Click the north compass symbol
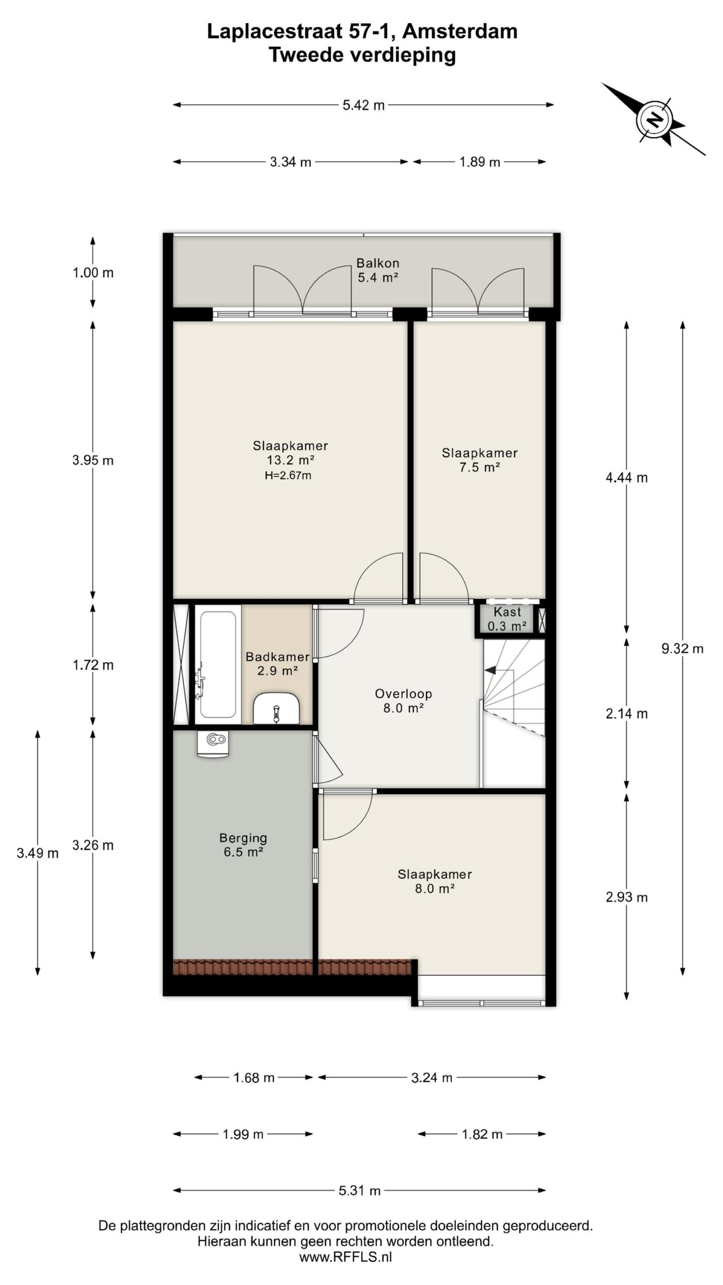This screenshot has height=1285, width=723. coord(654,119)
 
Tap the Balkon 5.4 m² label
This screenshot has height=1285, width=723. coord(378,270)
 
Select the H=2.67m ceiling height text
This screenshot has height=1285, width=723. coord(288,475)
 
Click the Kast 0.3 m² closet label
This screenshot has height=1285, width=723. coord(507,619)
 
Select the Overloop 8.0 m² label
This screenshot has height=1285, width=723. coord(403,701)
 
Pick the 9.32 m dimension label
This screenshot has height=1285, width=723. coord(682,649)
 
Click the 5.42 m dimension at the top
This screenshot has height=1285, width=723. coord(364,105)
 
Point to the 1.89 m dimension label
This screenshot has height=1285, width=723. coord(480,162)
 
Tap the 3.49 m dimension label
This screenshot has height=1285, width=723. coord(38,853)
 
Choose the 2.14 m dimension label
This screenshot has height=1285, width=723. coord(627,713)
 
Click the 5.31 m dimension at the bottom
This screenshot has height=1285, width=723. coord(359,1190)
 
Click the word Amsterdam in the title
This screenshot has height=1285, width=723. coord(460,32)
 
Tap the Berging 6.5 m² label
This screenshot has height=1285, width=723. coord(243,845)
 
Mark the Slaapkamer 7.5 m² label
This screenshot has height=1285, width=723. coord(479,460)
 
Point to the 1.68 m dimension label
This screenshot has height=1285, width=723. coord(254,1077)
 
